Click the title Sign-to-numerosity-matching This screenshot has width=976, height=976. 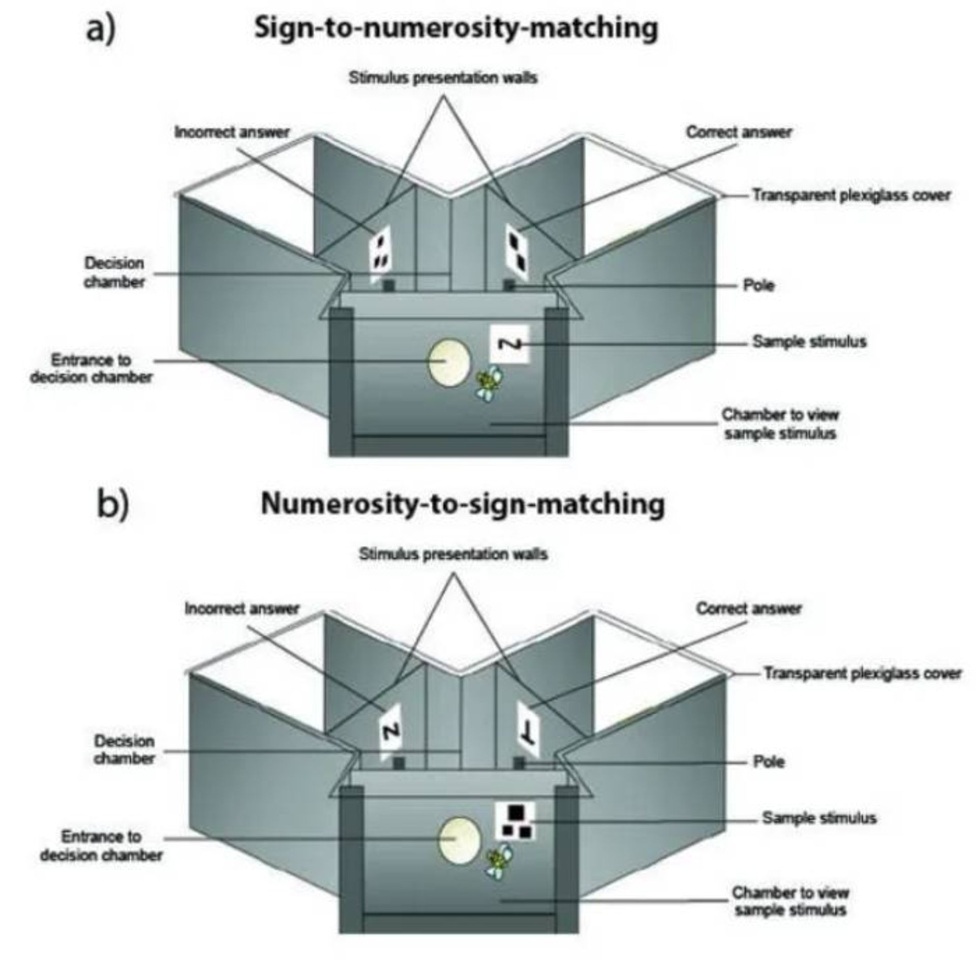456,28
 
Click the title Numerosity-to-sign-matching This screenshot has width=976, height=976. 463,504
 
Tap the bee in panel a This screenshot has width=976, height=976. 489,381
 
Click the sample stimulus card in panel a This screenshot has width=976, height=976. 509,345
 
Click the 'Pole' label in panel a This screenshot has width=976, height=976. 758,285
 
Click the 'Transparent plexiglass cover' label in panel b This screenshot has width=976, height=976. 863,674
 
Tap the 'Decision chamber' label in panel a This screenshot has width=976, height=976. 114,272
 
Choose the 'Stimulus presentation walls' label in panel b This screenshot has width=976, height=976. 453,554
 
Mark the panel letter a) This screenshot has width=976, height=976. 101,29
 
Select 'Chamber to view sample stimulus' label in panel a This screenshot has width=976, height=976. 780,424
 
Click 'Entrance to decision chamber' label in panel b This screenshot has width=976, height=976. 101,846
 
